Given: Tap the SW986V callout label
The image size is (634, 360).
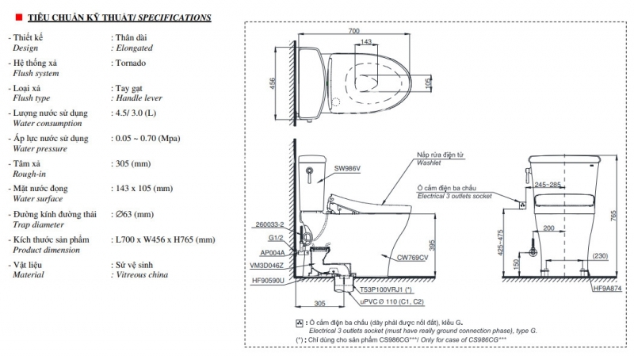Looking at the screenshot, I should [x=347, y=169].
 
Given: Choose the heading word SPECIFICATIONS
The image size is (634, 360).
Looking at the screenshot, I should [x=174, y=17].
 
